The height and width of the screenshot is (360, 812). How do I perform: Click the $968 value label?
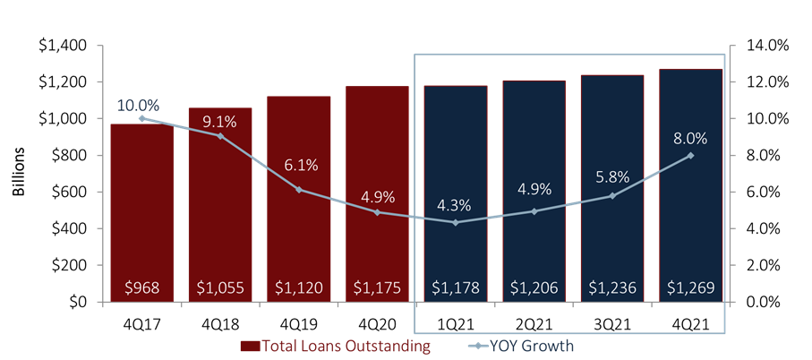141,288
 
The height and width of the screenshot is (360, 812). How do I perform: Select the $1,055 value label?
219,288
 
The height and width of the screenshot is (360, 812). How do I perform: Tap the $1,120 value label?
298,288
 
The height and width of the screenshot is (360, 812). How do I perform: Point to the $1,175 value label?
377,288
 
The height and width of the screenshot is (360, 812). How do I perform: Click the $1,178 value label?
455,288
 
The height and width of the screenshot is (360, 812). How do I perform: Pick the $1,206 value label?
534,288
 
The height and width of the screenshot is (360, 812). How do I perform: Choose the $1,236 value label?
612,288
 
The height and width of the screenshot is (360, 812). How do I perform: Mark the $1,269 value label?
690,288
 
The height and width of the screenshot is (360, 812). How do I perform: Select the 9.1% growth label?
219,122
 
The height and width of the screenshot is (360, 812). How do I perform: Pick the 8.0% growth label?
690,139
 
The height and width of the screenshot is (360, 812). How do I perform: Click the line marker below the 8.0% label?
690,155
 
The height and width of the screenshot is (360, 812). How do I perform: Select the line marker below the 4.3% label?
456,222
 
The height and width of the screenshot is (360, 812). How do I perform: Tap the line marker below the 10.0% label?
141,118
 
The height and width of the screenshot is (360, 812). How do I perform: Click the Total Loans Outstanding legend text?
346,345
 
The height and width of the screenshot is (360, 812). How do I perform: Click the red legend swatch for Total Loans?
248,345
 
